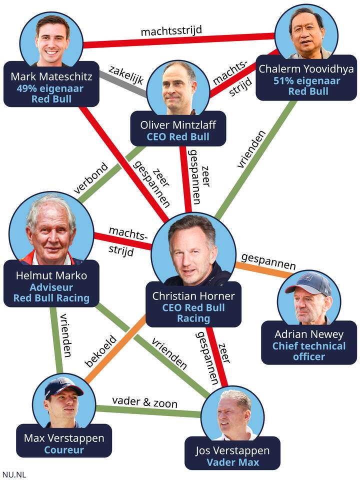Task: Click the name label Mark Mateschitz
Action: [51, 76]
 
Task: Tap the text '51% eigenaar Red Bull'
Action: [307, 86]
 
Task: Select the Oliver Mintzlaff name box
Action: [178, 128]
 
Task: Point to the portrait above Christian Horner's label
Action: [194, 250]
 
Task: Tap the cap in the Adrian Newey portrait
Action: [308, 282]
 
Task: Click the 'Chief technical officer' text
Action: [309, 351]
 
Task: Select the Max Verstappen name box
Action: [64, 441]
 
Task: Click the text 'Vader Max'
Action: [232, 462]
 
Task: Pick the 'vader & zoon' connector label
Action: [145, 401]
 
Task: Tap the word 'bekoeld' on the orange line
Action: [100, 351]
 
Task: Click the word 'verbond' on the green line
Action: [91, 178]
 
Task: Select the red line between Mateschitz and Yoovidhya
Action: [179, 40]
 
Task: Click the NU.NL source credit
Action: [14, 475]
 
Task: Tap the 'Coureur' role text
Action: [64, 450]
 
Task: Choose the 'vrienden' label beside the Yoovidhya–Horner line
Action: [251, 149]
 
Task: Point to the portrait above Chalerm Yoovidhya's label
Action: [306, 33]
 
